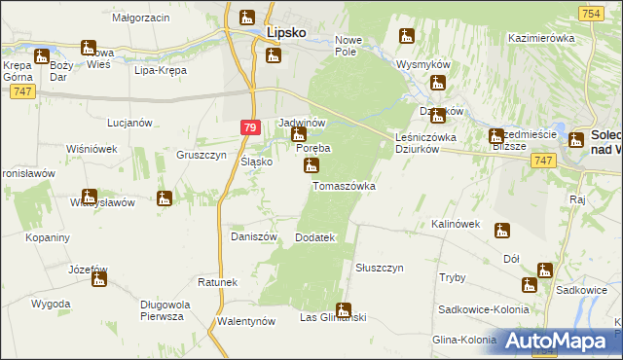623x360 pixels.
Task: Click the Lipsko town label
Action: (x=286, y=32)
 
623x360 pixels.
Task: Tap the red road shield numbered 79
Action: (x=250, y=127)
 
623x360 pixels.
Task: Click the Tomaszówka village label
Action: (x=343, y=185)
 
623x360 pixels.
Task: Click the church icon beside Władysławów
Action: (x=165, y=198)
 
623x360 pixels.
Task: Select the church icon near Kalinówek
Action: (x=502, y=231)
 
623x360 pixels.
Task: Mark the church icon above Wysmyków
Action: (x=407, y=37)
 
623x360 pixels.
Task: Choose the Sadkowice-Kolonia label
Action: (x=484, y=308)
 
